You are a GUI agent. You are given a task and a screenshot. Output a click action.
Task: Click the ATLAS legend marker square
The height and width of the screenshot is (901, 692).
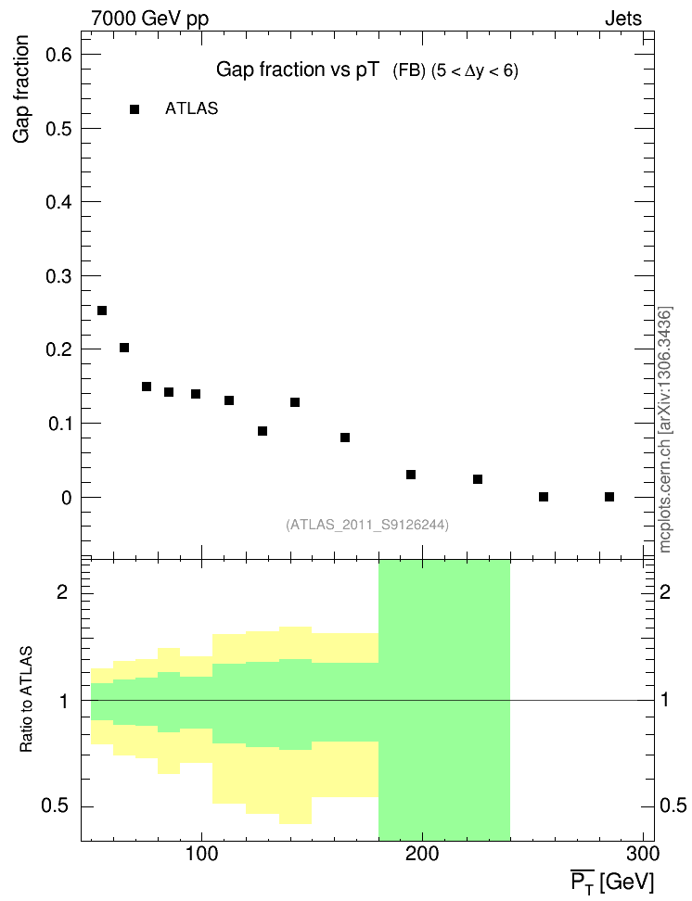135,109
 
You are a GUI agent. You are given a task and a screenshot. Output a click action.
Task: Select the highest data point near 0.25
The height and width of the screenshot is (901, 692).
102,311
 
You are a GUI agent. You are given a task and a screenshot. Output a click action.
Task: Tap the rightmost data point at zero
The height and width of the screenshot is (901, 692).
609,497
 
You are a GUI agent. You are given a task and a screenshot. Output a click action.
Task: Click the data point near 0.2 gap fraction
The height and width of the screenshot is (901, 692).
124,348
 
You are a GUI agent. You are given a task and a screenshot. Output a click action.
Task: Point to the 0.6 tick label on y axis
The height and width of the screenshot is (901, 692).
60,55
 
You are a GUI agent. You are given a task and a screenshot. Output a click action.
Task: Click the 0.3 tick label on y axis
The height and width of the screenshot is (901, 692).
60,276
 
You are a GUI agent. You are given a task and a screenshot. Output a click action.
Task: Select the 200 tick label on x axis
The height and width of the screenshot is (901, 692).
423,852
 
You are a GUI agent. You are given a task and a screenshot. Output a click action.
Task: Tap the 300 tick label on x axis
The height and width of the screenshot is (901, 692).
643,852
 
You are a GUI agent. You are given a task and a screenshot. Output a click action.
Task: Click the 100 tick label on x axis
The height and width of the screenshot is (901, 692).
201,852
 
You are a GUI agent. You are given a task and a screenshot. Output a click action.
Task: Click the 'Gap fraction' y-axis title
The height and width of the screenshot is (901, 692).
22,91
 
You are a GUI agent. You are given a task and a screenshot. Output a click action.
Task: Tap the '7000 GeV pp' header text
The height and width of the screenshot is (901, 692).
150,18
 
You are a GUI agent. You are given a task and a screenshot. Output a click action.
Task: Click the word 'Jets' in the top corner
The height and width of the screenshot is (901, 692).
623,18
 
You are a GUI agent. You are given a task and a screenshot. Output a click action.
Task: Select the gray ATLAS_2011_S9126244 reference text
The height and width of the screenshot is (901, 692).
367,525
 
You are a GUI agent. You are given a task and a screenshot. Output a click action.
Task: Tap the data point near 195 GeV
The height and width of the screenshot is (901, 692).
411,475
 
